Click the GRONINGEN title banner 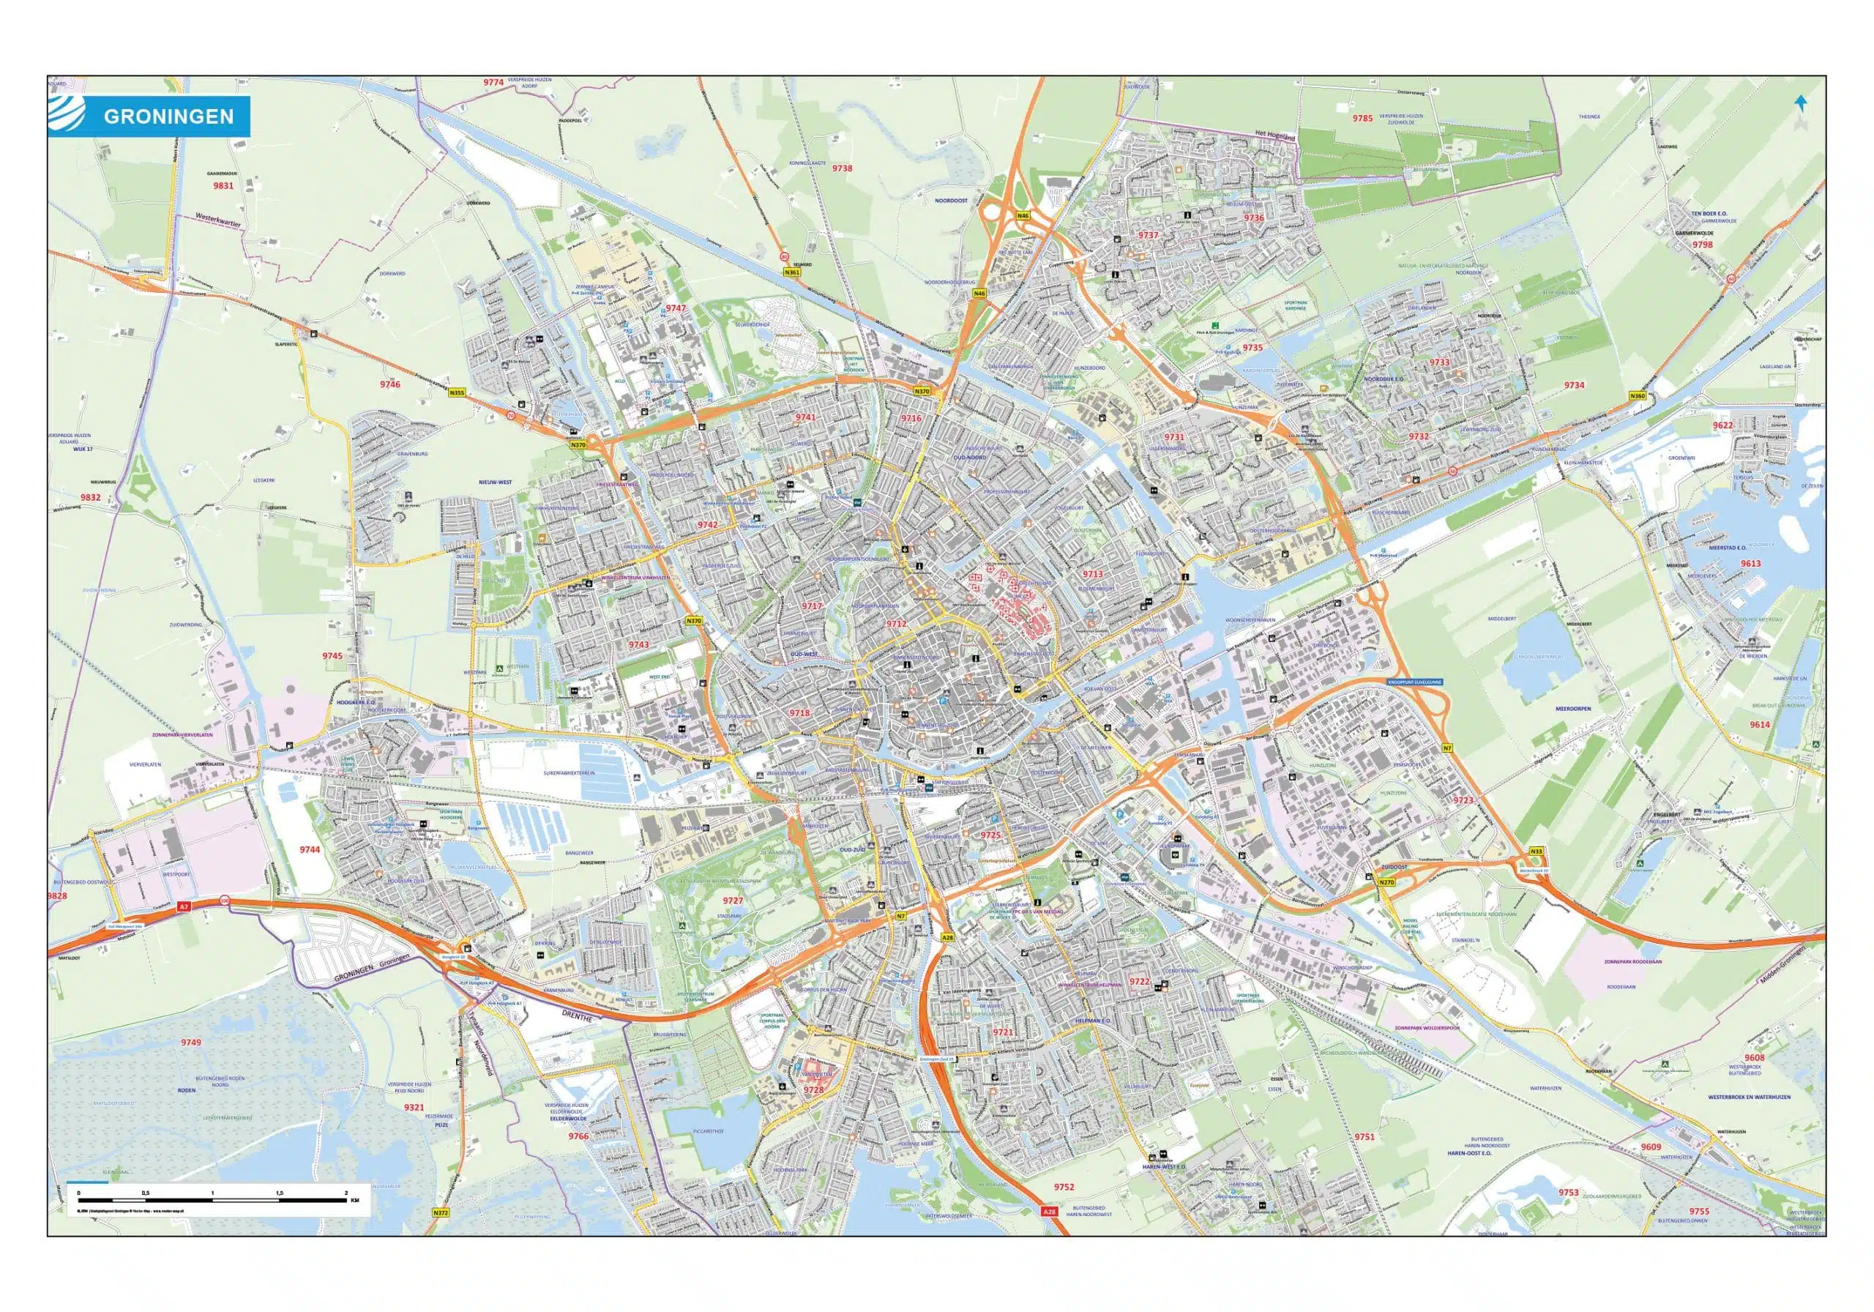pyautogui.click(x=168, y=116)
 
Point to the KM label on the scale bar pyautogui.click(x=354, y=1201)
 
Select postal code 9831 pyautogui.click(x=223, y=186)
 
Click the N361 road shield pyautogui.click(x=791, y=272)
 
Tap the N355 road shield pyautogui.click(x=457, y=392)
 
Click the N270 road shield pyautogui.click(x=1386, y=882)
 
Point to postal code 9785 pyautogui.click(x=1362, y=119)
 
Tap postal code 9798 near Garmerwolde pyautogui.click(x=1702, y=244)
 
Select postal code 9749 pyautogui.click(x=191, y=1043)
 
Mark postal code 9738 pyautogui.click(x=842, y=168)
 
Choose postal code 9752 pyautogui.click(x=1064, y=1186)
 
